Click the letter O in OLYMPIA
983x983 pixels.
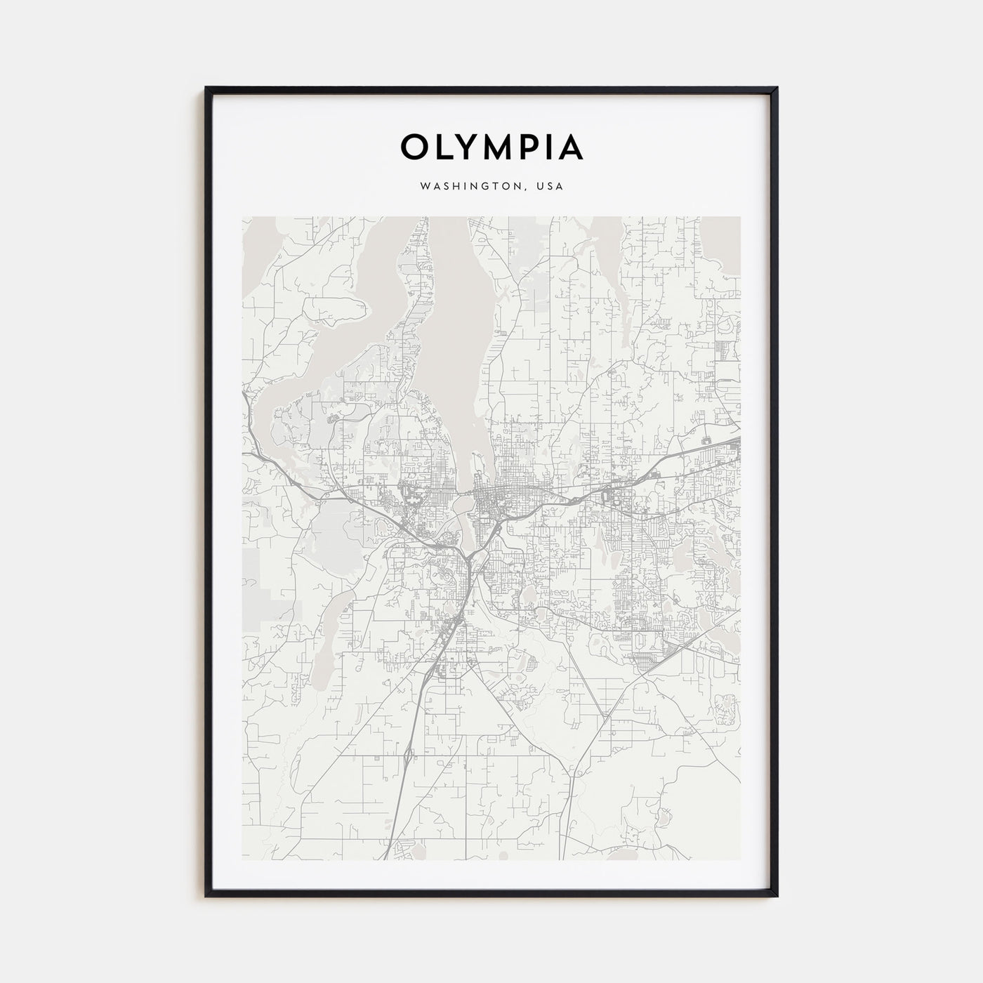(x=415, y=147)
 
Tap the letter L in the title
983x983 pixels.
(x=444, y=147)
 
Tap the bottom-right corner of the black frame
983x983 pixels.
(x=777, y=896)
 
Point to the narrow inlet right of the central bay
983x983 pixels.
(x=618, y=281)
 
